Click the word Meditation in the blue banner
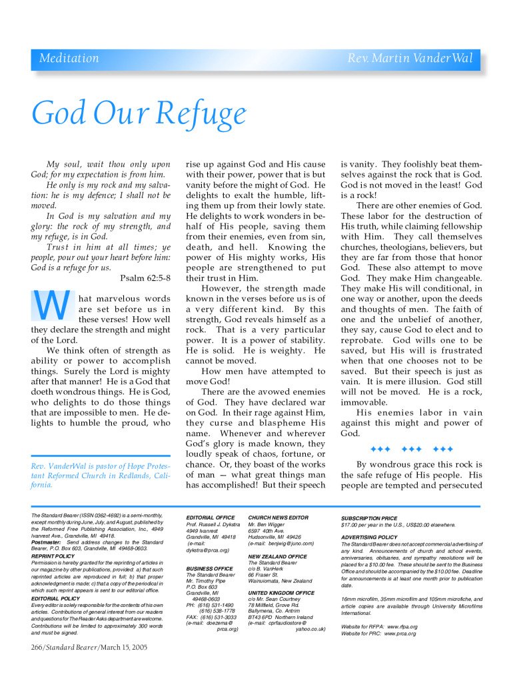(69, 59)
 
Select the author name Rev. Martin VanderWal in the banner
(410, 59)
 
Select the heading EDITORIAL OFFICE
(211, 517)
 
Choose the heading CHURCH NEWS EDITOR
(278, 517)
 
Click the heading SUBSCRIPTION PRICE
(369, 518)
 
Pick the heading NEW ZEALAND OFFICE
(277, 556)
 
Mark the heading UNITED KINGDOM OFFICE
(280, 592)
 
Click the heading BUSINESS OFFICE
(209, 568)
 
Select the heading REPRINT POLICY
(53, 555)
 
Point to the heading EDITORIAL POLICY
(55, 598)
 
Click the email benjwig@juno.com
(288, 543)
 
